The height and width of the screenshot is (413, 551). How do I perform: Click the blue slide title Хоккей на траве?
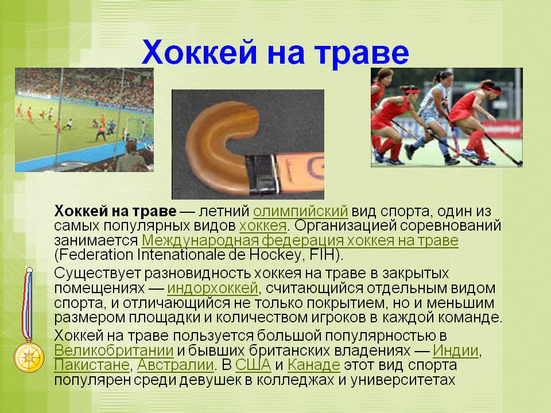[x=275, y=52]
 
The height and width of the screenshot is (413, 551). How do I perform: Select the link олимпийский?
[x=300, y=211]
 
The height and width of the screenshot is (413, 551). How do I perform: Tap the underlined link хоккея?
[x=263, y=226]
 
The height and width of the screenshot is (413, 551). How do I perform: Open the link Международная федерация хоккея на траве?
[x=300, y=240]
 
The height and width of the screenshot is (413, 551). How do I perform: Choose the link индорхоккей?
[x=212, y=289]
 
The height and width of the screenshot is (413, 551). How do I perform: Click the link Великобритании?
[x=114, y=350]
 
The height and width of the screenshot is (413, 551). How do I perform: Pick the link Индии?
[x=455, y=350]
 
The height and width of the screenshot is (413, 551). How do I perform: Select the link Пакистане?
[x=92, y=365]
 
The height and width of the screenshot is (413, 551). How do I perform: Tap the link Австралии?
[x=176, y=365]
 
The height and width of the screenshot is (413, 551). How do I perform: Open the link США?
[x=253, y=365]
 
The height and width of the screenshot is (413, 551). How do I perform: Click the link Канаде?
[x=314, y=365]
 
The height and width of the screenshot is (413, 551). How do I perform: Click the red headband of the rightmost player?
[x=492, y=89]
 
